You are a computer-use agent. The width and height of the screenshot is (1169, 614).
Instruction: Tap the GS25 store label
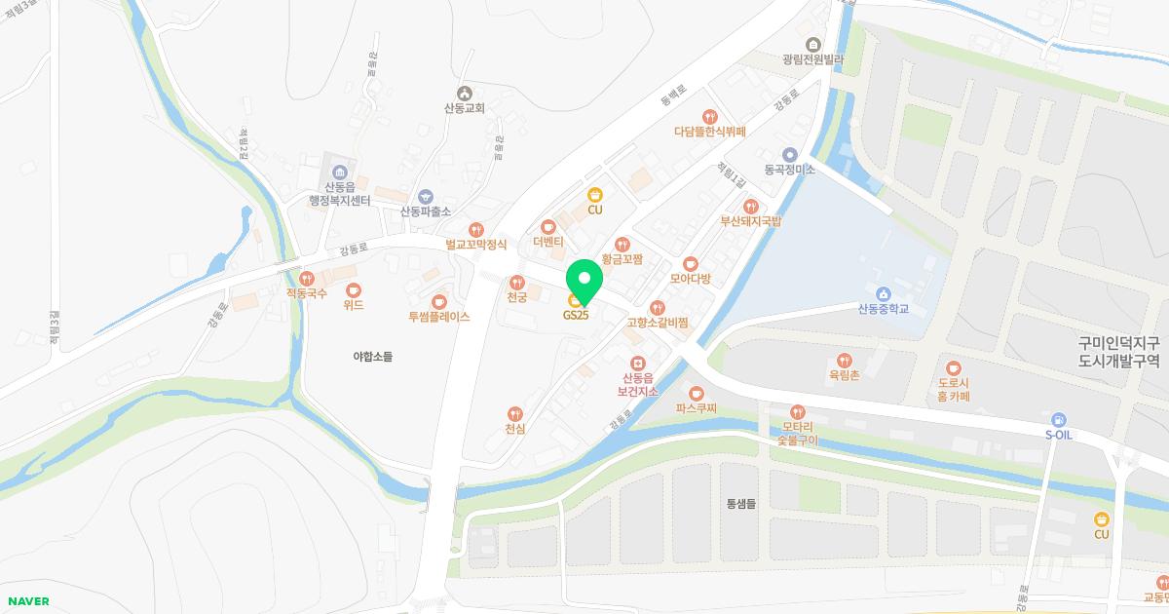[x=575, y=315]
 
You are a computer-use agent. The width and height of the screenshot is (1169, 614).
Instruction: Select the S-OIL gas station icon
[x=1058, y=419]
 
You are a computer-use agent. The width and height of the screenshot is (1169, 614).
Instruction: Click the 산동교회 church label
[x=464, y=108]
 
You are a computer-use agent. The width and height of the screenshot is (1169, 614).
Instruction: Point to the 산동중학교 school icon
[x=883, y=293]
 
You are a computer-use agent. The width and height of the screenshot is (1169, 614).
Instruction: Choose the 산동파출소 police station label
[x=425, y=211]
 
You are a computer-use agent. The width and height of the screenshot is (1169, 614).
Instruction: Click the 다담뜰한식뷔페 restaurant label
[x=709, y=131]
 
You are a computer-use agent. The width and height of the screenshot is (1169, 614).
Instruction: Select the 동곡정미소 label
[x=789, y=169]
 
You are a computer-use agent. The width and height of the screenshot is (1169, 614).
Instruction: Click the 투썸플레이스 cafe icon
[x=438, y=301]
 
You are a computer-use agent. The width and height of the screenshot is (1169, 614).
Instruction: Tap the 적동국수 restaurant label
[x=307, y=292]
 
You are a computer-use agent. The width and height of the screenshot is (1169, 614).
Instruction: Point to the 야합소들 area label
[x=372, y=357]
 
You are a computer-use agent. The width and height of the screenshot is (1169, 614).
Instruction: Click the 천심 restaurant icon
[x=515, y=414]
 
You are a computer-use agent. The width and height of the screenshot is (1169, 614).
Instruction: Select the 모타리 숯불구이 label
[x=798, y=433]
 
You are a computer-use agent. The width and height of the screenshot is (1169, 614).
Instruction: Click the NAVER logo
[x=26, y=601]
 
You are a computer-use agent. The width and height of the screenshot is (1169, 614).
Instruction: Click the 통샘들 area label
[x=741, y=504]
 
